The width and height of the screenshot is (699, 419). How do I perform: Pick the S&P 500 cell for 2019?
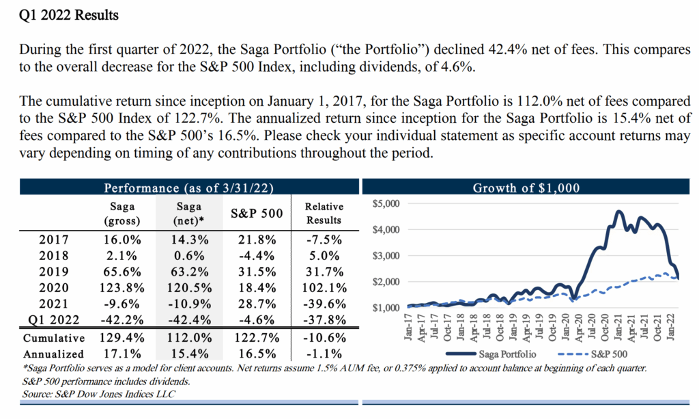pyautogui.click(x=257, y=271)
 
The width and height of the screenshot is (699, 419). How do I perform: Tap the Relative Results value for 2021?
pyautogui.click(x=324, y=304)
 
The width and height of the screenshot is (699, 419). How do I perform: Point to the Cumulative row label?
pyautogui.click(x=54, y=338)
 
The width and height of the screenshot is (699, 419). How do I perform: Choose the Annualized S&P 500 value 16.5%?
pyautogui.click(x=257, y=354)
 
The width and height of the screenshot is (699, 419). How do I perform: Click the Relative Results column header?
pyautogui.click(x=324, y=213)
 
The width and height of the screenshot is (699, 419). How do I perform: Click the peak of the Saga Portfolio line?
pyautogui.click(x=619, y=212)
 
